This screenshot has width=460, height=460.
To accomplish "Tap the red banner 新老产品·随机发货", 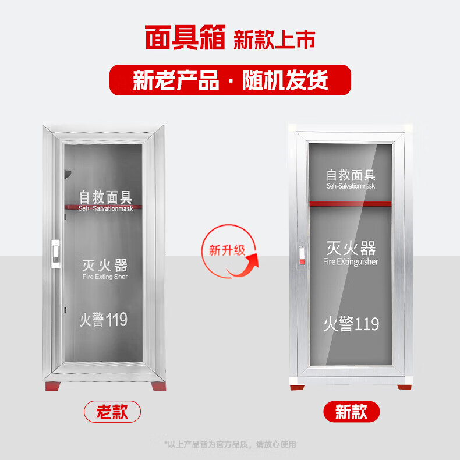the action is pyautogui.click(x=230, y=80).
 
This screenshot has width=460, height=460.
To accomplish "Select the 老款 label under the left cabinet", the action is pyautogui.click(x=112, y=412).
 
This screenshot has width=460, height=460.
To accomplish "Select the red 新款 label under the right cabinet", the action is pyautogui.click(x=351, y=412).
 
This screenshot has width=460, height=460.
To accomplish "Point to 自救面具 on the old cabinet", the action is pyautogui.click(x=106, y=196).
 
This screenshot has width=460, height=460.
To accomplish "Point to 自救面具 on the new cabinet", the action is pyautogui.click(x=351, y=175).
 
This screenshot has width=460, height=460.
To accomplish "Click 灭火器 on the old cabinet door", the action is pyautogui.click(x=105, y=266).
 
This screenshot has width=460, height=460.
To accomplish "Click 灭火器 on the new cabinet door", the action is pyautogui.click(x=351, y=249).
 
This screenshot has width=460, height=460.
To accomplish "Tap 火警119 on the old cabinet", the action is pyautogui.click(x=103, y=319).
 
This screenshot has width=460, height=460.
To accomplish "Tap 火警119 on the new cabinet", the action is pyautogui.click(x=351, y=324).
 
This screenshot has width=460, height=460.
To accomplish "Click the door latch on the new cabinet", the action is pyautogui.click(x=302, y=256).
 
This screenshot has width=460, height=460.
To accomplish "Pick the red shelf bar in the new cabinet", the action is pyautogui.click(x=351, y=203).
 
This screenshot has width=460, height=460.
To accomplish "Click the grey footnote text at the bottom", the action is pyautogui.click(x=230, y=444).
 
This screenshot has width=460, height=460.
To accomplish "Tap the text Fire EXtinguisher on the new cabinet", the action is pyautogui.click(x=351, y=262).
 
